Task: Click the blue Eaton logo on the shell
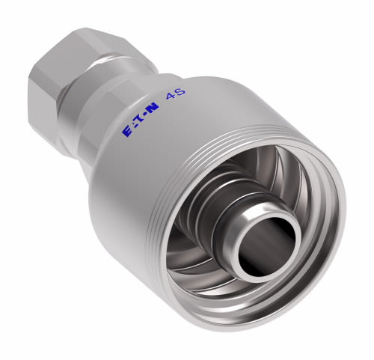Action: click(141, 120)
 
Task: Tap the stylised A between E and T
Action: click(134, 125)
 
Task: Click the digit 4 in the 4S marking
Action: click(170, 97)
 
